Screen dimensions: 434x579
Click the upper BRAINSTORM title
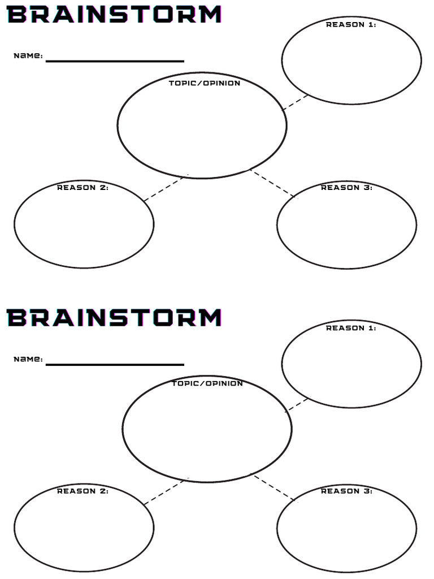tap(114, 14)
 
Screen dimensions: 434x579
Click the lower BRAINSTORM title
tap(114, 318)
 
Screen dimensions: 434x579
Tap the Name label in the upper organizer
tap(28, 56)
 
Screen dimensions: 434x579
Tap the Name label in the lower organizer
tap(28, 359)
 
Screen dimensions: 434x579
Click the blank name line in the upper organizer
tap(115, 61)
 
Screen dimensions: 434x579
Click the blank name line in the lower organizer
tap(115, 365)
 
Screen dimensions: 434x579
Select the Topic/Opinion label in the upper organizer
tap(205, 83)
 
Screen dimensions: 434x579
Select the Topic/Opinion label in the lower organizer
tap(207, 383)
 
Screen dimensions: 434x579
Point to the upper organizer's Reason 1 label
tap(351, 24)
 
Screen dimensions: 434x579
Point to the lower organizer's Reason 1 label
tap(351, 328)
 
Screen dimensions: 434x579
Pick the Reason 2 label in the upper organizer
tap(83, 188)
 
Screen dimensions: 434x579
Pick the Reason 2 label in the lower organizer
tap(83, 491)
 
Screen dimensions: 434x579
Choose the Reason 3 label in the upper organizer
tap(346, 188)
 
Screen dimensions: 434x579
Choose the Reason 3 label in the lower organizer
tap(346, 491)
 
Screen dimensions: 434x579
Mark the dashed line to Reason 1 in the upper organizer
tap(296, 102)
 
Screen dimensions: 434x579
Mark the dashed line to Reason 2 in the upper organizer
tap(164, 189)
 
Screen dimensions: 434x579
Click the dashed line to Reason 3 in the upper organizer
tap(274, 184)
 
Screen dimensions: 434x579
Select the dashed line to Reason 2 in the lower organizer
tap(165, 492)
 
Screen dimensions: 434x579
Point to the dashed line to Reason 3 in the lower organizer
tap(275, 488)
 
